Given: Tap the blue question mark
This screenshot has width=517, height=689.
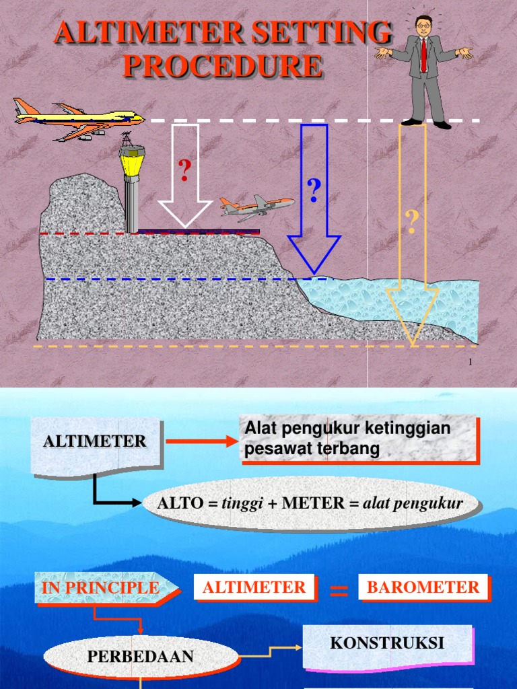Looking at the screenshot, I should click(313, 191).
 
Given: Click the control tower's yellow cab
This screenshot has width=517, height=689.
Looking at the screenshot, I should click(131, 162).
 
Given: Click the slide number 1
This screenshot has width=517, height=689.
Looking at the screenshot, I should click(470, 363).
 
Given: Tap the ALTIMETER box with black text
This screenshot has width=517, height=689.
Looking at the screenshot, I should click(95, 442).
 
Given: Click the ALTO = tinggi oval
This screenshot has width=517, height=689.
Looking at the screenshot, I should click(310, 503).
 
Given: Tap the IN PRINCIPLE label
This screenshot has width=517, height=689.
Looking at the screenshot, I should click(102, 587).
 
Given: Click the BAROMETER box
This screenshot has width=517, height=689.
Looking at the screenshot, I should click(423, 587).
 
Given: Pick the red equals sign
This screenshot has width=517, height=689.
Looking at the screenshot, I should click(339, 591).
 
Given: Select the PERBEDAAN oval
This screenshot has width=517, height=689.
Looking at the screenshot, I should click(140, 657).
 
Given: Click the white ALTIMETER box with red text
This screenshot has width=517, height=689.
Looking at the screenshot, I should click(254, 587).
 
